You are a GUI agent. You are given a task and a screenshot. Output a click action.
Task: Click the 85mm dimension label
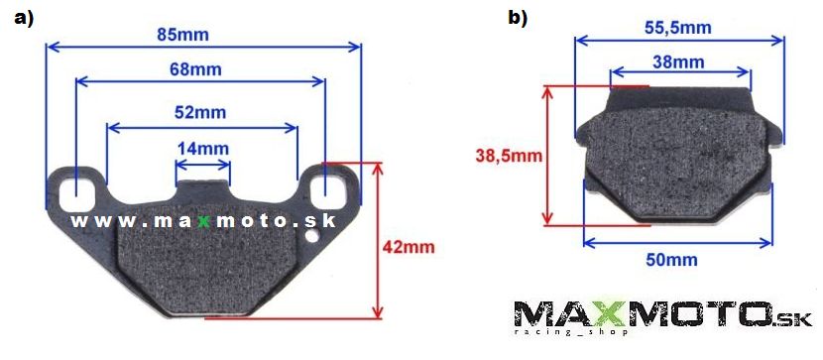[182, 35]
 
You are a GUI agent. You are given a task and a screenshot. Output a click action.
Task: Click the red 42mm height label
[409, 247]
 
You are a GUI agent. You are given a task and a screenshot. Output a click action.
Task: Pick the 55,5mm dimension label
[677, 28]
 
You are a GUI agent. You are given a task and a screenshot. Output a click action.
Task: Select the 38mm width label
[678, 61]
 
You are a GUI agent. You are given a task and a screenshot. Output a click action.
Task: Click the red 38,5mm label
[509, 156]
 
